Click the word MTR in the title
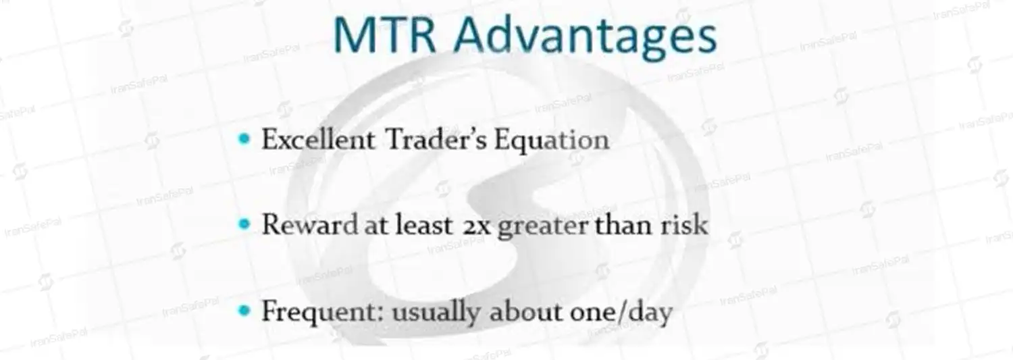pos(385,35)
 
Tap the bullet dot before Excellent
pos(244,139)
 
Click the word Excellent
pos(318,139)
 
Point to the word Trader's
pos(436,139)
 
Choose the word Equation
pos(551,140)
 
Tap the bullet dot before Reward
pos(244,224)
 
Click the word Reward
pos(310,224)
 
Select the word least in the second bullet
pos(423,224)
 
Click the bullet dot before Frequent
pos(244,311)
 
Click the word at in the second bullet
pos(376,226)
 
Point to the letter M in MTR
pos(352,35)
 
